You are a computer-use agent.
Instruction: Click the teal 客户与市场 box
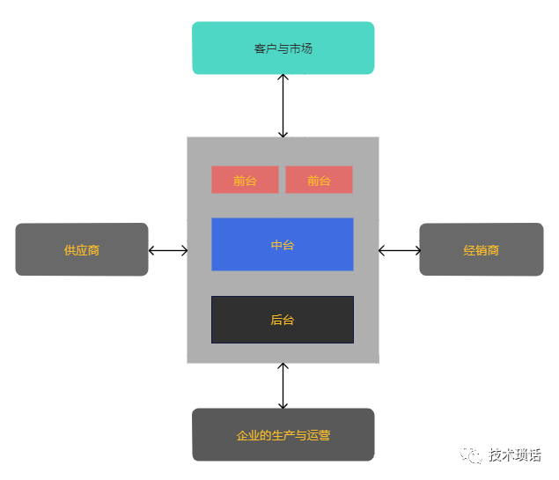[x=283, y=48]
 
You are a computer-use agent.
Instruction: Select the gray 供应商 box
[x=82, y=249]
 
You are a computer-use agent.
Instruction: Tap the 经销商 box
[x=481, y=249]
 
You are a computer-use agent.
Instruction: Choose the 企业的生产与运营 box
[x=283, y=434]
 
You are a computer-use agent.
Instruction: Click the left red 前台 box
[x=245, y=180]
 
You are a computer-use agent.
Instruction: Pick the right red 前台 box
[x=319, y=180]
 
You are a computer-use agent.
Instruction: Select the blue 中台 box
[x=282, y=244]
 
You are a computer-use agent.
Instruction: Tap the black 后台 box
[x=282, y=319]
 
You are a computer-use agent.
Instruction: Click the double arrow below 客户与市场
[x=283, y=106]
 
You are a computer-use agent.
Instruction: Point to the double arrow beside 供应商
[x=168, y=250]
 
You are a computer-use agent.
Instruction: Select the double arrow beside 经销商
[x=400, y=250]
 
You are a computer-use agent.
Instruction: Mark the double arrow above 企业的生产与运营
[x=283, y=386]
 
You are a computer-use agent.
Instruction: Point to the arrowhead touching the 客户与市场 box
[x=283, y=78]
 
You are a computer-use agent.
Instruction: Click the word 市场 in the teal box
[x=300, y=48]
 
